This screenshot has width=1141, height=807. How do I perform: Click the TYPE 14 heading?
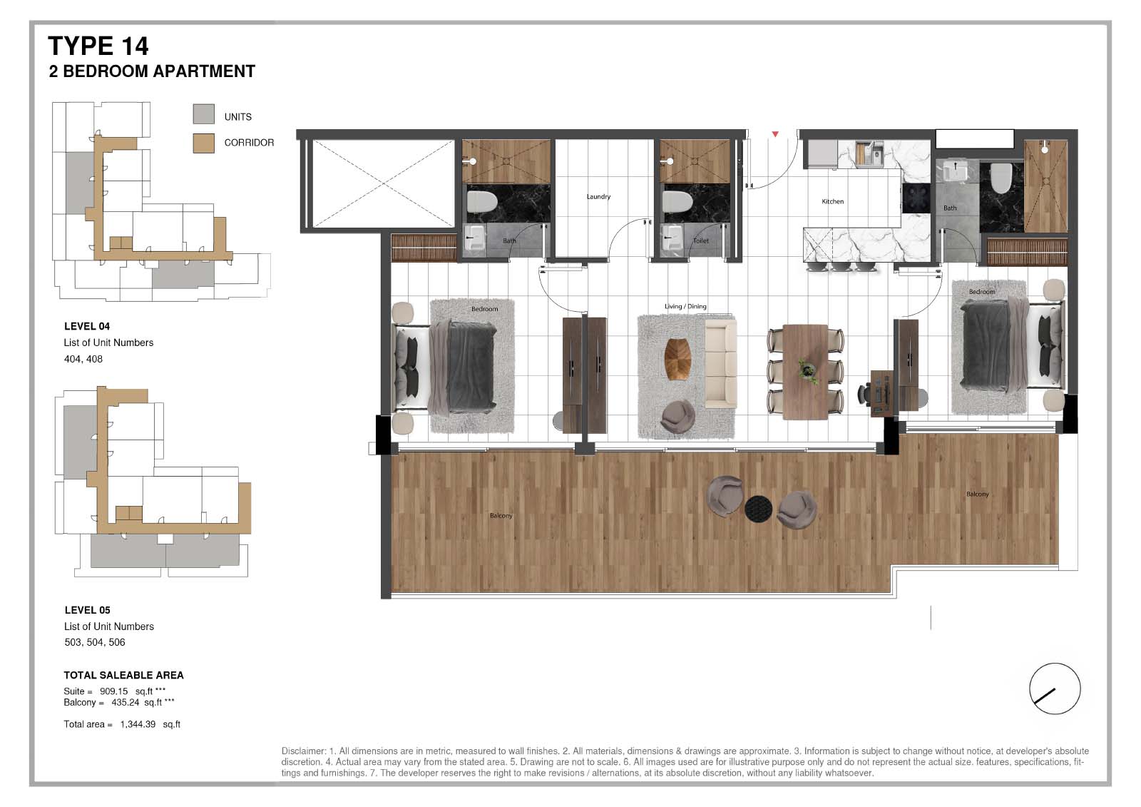pos(98,46)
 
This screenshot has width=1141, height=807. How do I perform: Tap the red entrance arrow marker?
pos(775,134)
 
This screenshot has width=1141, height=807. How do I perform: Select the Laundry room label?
pos(598,196)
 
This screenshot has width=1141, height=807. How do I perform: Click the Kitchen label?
pos(833,201)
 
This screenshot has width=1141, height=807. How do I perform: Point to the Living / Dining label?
pos(685,306)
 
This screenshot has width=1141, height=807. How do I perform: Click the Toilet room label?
pos(701,240)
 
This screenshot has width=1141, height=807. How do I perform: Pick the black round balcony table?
pos(759,508)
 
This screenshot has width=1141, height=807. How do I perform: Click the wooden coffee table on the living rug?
pos(678,359)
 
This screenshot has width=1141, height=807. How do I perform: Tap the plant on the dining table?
pos(807,370)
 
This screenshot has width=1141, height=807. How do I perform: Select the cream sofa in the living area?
pos(721,363)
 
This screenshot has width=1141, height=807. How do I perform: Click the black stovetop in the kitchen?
pos(916,198)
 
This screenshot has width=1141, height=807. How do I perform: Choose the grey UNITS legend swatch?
pos(204,113)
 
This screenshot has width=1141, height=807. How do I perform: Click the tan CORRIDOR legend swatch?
pos(204,143)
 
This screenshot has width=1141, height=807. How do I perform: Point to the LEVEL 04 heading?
pos(87,326)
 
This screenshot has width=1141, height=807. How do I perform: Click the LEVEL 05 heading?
pos(88,610)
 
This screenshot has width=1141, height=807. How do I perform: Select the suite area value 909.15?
pos(113,691)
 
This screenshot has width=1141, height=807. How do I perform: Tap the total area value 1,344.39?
pos(138,724)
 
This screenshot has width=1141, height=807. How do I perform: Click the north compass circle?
pos(1055,689)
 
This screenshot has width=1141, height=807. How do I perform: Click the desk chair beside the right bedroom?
pos(865,394)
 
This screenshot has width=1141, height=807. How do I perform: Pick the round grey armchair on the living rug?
pos(677,417)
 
